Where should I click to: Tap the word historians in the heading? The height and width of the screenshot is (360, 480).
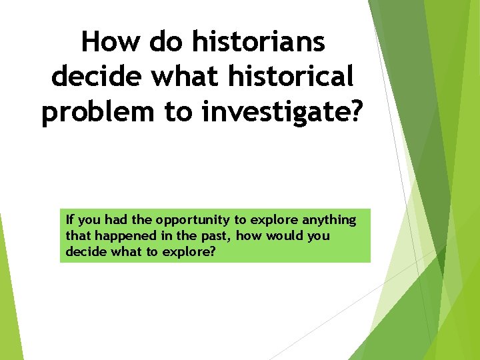[x=259, y=43]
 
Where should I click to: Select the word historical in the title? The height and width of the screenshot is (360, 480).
[x=291, y=77]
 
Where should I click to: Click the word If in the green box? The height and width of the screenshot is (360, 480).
[x=70, y=219]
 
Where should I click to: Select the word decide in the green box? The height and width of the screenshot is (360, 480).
[x=83, y=253]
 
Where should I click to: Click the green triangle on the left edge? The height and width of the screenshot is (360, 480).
[x=7, y=300]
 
